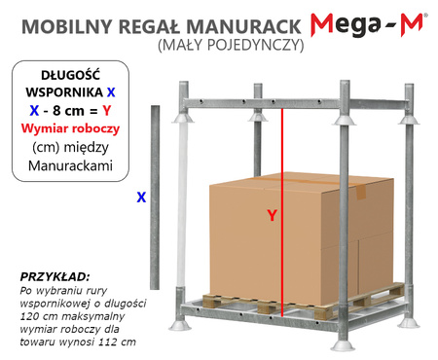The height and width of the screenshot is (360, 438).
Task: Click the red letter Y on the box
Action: pos(272,217)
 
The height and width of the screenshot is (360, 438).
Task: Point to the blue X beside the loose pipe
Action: pos(141,197)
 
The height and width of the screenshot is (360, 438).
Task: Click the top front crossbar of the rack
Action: pos(292,103)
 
